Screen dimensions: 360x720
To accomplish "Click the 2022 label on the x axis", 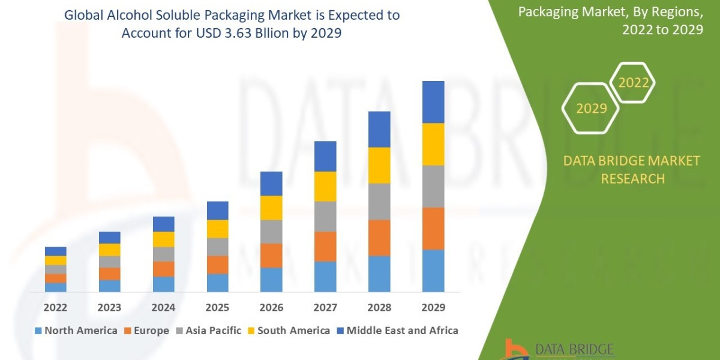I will click(x=55, y=308).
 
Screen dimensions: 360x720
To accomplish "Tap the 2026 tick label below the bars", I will click(x=271, y=308).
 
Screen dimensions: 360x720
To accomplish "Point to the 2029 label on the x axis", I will click(x=433, y=308).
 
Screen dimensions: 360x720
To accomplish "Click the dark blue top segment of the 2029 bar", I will click(x=433, y=102).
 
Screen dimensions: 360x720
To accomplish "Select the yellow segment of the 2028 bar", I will click(x=379, y=165).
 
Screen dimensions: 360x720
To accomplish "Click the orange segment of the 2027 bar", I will click(x=325, y=246).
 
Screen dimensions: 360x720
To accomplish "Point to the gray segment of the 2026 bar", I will click(x=271, y=231).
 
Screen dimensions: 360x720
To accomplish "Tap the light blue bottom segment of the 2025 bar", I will click(x=217, y=283).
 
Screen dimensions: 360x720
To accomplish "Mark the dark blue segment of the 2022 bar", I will click(x=55, y=251).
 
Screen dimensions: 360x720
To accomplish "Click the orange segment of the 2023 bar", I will click(x=109, y=274).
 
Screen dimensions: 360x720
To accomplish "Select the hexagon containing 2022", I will click(x=633, y=83).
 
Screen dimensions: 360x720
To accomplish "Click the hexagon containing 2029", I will click(x=590, y=108).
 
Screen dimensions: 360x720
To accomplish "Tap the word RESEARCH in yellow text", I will click(x=632, y=178).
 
